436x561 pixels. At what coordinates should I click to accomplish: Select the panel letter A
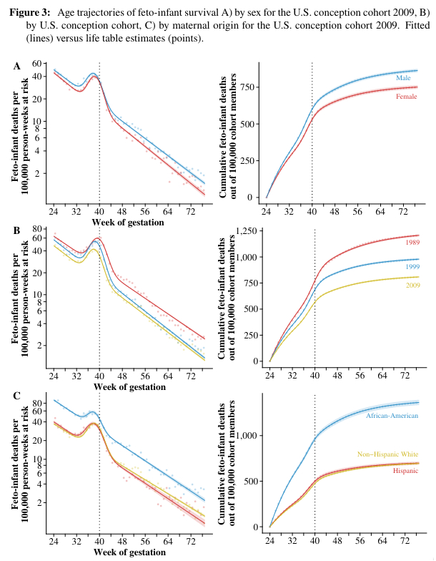(x=17, y=66)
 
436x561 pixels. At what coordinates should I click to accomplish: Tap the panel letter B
(x=17, y=230)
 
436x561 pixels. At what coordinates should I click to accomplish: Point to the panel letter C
(x=17, y=396)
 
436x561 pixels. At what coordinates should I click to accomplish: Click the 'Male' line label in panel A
(x=403, y=77)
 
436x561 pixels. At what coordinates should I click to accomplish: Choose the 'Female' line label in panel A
(x=406, y=96)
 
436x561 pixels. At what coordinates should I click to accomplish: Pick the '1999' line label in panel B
(x=412, y=266)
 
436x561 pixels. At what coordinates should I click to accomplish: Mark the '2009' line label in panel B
(x=412, y=286)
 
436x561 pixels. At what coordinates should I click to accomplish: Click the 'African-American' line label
(x=392, y=415)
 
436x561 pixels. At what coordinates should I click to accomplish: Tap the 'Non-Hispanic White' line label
(x=388, y=454)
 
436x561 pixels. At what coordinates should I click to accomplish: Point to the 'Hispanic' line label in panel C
(x=405, y=470)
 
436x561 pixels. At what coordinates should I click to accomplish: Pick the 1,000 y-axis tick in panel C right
(x=247, y=435)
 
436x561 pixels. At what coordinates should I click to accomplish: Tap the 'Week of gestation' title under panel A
(x=129, y=223)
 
